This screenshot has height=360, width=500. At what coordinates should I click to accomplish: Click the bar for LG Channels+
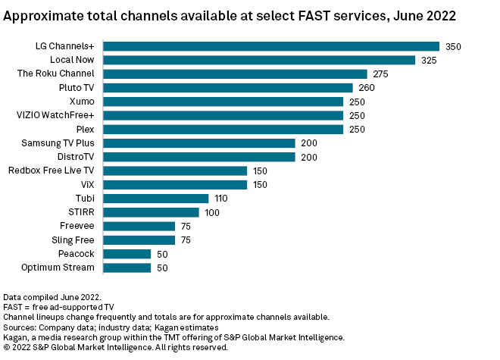[271, 46]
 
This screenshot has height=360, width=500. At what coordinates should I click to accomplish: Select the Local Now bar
[259, 60]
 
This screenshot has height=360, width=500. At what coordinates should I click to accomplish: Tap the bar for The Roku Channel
[235, 74]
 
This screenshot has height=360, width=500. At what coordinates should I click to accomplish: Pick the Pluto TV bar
[228, 88]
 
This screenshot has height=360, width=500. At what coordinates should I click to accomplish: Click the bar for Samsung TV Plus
[199, 143]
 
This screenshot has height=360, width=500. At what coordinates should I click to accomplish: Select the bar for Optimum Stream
[127, 268]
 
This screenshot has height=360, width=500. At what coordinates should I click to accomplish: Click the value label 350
[453, 46]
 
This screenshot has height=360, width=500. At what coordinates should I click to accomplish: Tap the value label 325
[429, 60]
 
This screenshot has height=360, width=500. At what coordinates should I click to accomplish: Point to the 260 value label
[367, 88]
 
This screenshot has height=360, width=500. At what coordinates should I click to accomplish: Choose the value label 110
[222, 199]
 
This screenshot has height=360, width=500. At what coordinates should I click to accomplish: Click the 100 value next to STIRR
[212, 212]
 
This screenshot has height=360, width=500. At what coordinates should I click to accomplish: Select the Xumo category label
[81, 102]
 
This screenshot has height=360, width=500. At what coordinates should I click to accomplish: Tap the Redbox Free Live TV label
[51, 171]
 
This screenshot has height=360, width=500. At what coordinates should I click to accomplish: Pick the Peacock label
[77, 254]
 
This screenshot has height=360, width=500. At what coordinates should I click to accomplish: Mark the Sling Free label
[73, 240]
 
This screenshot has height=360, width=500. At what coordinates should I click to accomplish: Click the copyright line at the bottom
[115, 347]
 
